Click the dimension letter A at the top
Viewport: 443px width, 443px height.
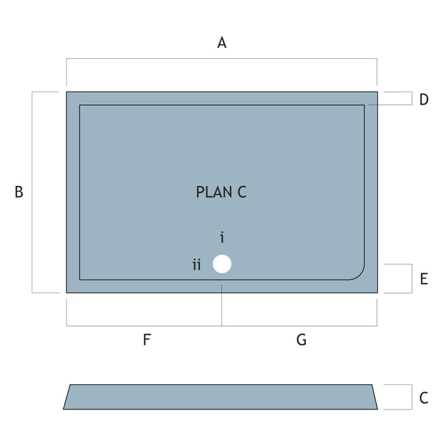click(x=221, y=43)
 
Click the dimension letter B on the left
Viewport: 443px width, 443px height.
click(x=19, y=192)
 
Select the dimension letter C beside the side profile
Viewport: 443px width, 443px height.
click(x=424, y=399)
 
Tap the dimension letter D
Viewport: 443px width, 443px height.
click(x=424, y=99)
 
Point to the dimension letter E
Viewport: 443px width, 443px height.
click(x=424, y=279)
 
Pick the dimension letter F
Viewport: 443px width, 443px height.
click(x=146, y=340)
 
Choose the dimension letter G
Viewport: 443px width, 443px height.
click(x=301, y=340)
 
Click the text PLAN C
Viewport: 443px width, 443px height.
click(x=221, y=192)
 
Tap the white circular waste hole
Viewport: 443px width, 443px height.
click(x=222, y=264)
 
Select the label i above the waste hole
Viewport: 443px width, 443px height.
click(x=222, y=238)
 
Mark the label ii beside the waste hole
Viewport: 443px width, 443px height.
click(x=197, y=265)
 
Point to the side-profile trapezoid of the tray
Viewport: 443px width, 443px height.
click(x=221, y=397)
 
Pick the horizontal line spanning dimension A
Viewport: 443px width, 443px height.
click(x=221, y=59)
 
